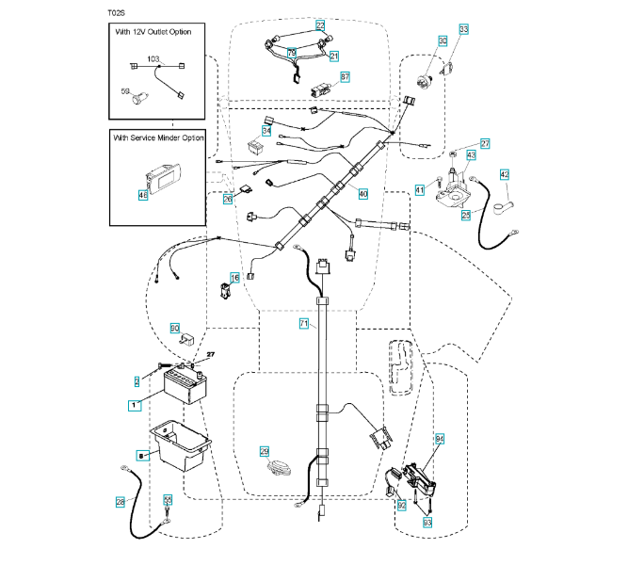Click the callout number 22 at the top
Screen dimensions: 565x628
click(x=320, y=25)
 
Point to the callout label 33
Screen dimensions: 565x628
click(x=462, y=30)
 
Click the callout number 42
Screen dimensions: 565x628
click(x=504, y=174)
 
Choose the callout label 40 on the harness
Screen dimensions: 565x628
click(x=362, y=193)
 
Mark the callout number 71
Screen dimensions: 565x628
click(x=303, y=323)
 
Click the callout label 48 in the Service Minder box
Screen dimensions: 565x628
click(x=143, y=195)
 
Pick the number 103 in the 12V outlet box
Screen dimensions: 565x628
click(x=154, y=59)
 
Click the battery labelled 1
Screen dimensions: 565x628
click(x=185, y=385)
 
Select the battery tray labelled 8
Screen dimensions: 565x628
click(x=179, y=451)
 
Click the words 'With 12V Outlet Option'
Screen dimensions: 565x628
click(x=153, y=32)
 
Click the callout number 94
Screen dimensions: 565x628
click(x=439, y=439)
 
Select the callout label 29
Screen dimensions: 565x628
click(x=265, y=451)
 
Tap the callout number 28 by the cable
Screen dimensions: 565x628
click(x=121, y=502)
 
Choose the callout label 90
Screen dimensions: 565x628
click(x=174, y=328)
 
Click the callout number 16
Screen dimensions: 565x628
click(x=236, y=277)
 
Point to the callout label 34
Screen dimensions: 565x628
click(x=266, y=131)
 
